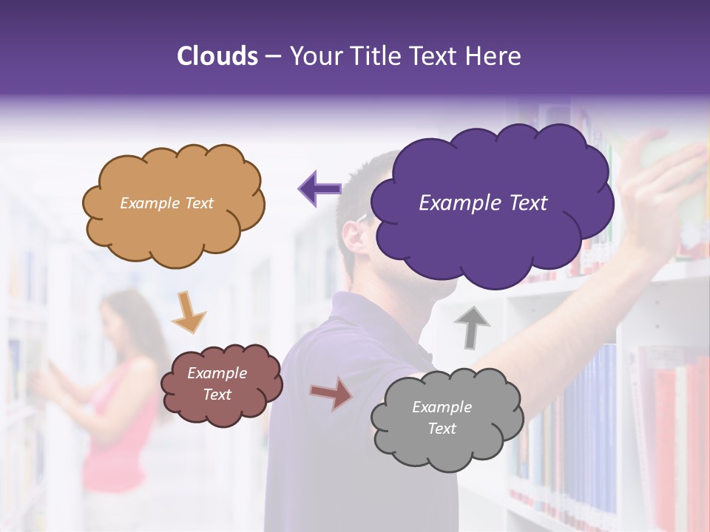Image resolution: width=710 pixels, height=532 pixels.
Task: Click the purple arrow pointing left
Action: [x=319, y=188]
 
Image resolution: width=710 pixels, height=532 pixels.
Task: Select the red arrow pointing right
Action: [x=331, y=393]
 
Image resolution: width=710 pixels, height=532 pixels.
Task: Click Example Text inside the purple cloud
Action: [x=483, y=203]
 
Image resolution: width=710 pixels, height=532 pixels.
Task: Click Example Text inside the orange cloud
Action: [x=166, y=203]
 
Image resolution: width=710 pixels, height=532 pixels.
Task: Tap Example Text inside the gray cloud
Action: [x=442, y=417]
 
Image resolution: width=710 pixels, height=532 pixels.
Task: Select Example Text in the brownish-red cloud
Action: [x=217, y=384]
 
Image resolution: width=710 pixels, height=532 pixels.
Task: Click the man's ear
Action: [x=354, y=235]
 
